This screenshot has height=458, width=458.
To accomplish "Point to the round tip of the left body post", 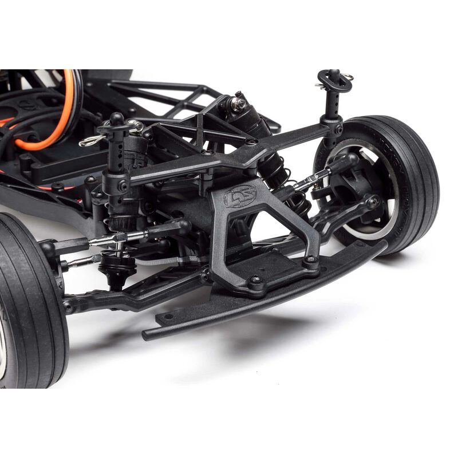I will (116, 119).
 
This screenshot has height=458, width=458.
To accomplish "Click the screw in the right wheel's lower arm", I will (372, 202).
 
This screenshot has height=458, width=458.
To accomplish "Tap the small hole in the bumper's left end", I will (167, 315).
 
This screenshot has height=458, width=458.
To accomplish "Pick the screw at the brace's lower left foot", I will (256, 282).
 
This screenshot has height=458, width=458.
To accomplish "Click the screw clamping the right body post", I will (338, 130).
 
